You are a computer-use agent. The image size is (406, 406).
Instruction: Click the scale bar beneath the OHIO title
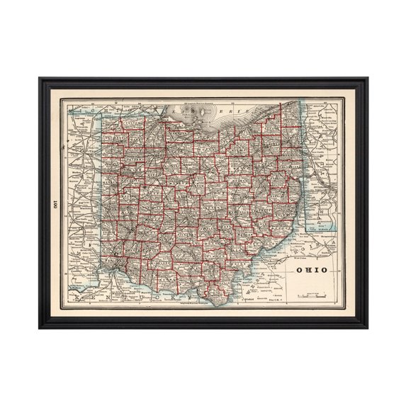click(x=312, y=292)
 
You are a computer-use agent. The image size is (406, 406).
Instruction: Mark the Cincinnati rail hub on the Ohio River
click(x=113, y=270)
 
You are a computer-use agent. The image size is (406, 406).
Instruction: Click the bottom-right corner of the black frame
click(x=367, y=327)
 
